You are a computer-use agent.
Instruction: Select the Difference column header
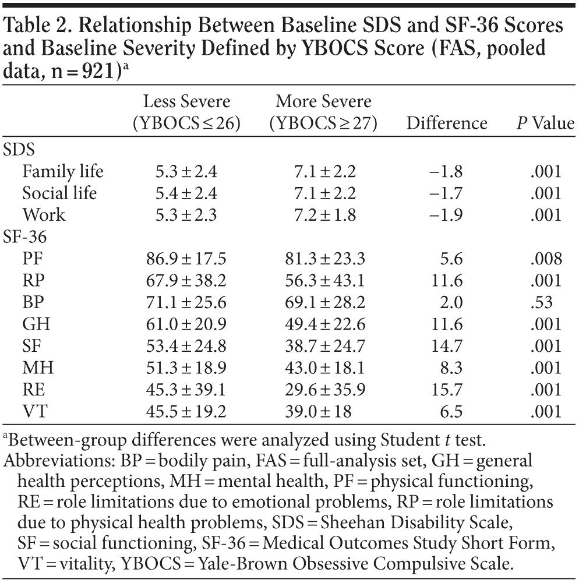[x=447, y=123]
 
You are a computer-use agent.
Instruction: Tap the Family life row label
[x=62, y=171]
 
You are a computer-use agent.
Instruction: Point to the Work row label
[x=44, y=214]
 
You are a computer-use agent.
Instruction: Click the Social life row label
[x=59, y=193]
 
